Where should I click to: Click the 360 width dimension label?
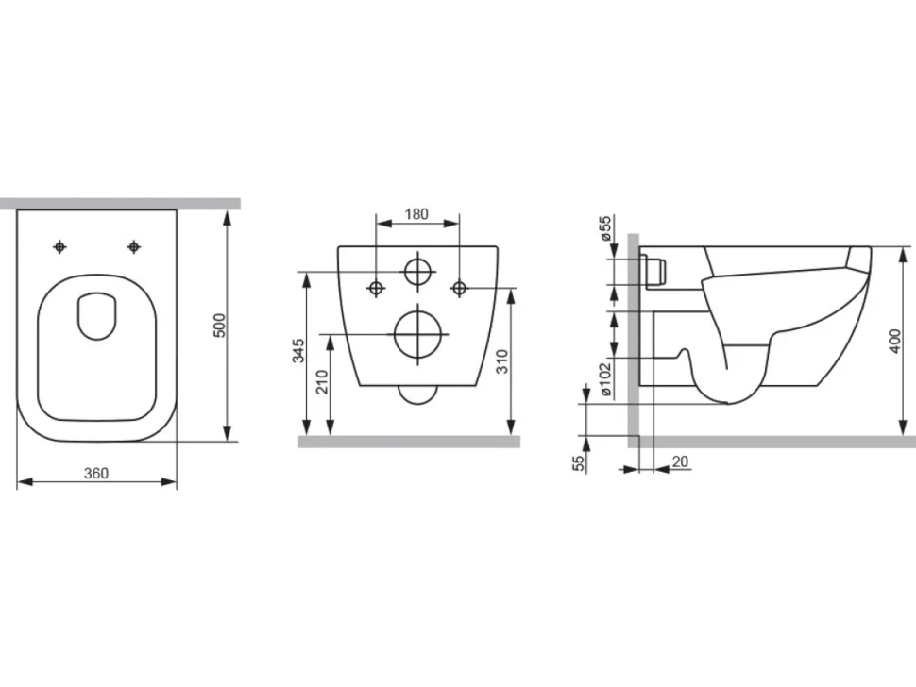pos(96,473)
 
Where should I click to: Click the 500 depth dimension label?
pos(219,326)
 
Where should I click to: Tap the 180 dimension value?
pos(416,214)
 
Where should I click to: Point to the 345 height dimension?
pos(298,350)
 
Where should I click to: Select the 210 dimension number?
pos(322,382)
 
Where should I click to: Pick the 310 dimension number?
pos(502,361)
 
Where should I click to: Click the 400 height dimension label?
pos(895,341)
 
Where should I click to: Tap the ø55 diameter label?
pos(605,228)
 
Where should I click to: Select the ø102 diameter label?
pos(605,379)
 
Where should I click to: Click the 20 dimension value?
pos(681,461)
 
